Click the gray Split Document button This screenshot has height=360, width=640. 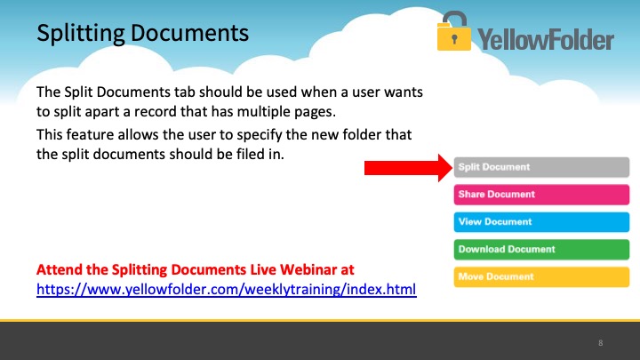click(541, 167)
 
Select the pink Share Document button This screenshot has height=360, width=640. click(541, 195)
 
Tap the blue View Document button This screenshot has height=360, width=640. click(541, 221)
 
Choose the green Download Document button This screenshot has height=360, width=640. click(541, 249)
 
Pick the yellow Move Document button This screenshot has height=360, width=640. click(541, 276)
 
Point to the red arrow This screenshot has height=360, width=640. click(409, 168)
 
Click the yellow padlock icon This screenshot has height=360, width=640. click(454, 31)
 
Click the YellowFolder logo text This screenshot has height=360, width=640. click(546, 39)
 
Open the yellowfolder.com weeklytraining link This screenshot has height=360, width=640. click(227, 290)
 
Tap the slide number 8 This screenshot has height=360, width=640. click(600, 343)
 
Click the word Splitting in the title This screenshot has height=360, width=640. click(81, 34)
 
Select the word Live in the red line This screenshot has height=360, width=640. click(263, 269)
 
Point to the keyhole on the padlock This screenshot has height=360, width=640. click(454, 40)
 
